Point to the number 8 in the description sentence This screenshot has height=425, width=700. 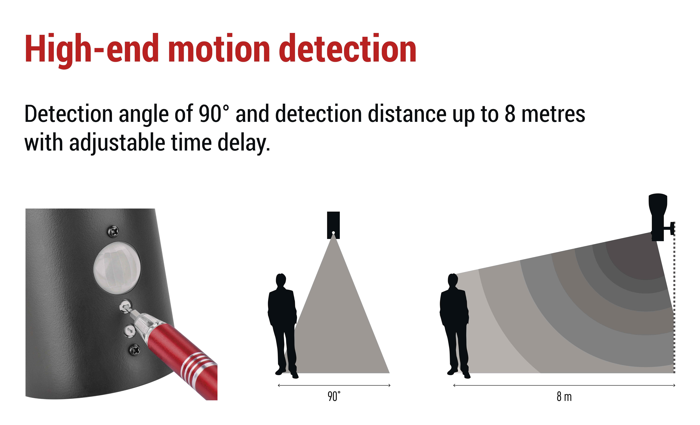point(510,113)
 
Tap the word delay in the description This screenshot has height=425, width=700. point(244,143)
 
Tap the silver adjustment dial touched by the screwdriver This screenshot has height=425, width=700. point(125,306)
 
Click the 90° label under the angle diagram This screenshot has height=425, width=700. point(334,396)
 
